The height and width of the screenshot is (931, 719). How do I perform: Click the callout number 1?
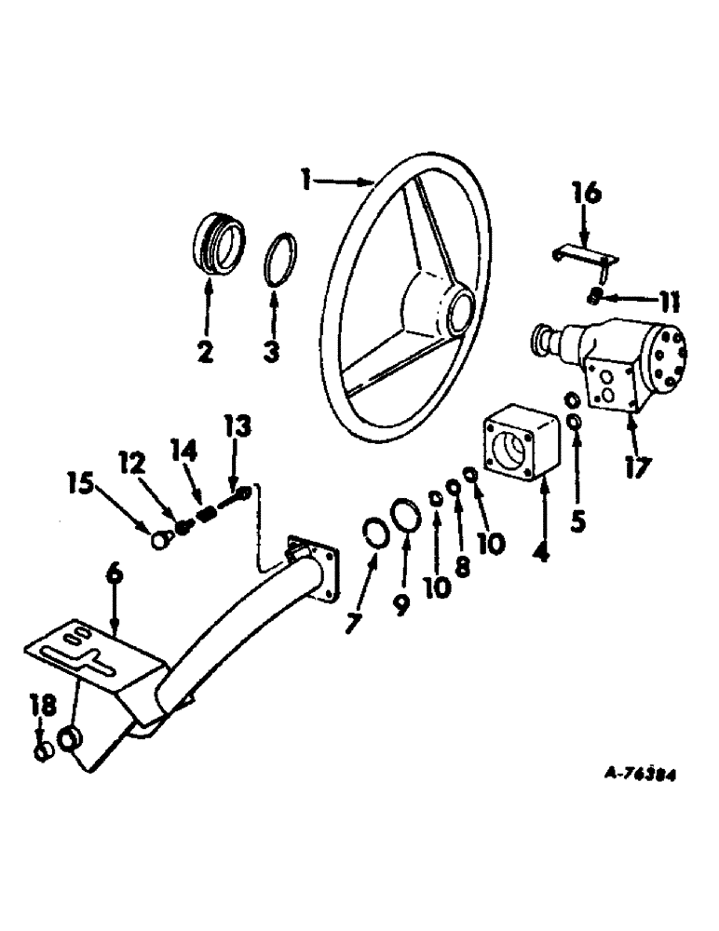(x=305, y=177)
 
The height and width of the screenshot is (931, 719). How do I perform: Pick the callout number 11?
(x=669, y=303)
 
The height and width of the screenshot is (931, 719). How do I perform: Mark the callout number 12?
(x=129, y=460)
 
